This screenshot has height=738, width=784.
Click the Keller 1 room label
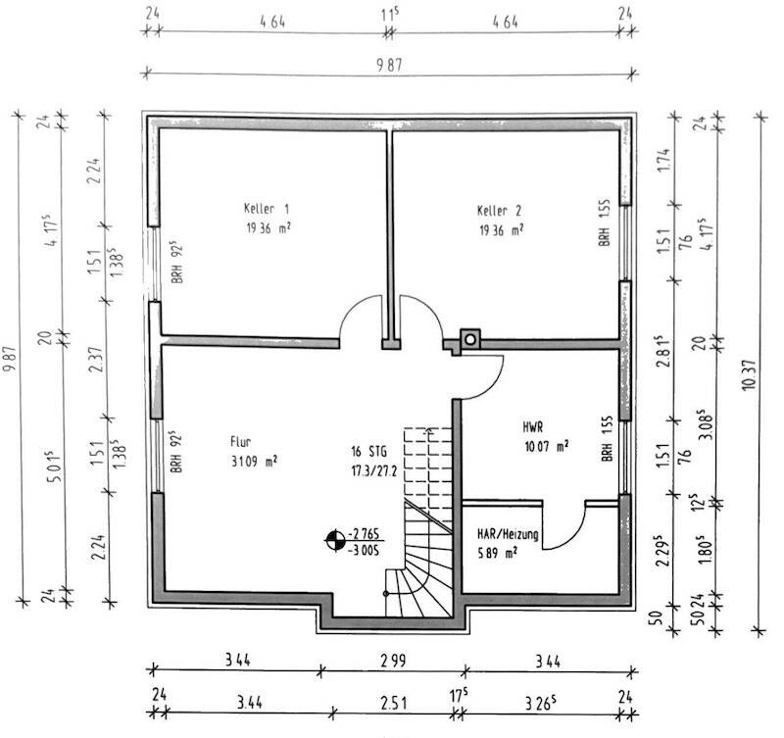pos(267,210)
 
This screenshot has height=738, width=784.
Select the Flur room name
pos(242,440)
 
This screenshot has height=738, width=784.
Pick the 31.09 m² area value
pos(254,460)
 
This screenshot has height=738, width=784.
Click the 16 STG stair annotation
pos(369,452)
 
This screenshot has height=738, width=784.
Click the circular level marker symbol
pos(336,539)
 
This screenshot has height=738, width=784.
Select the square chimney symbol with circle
pos(471,339)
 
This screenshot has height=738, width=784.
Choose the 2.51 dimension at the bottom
pos(396,702)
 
